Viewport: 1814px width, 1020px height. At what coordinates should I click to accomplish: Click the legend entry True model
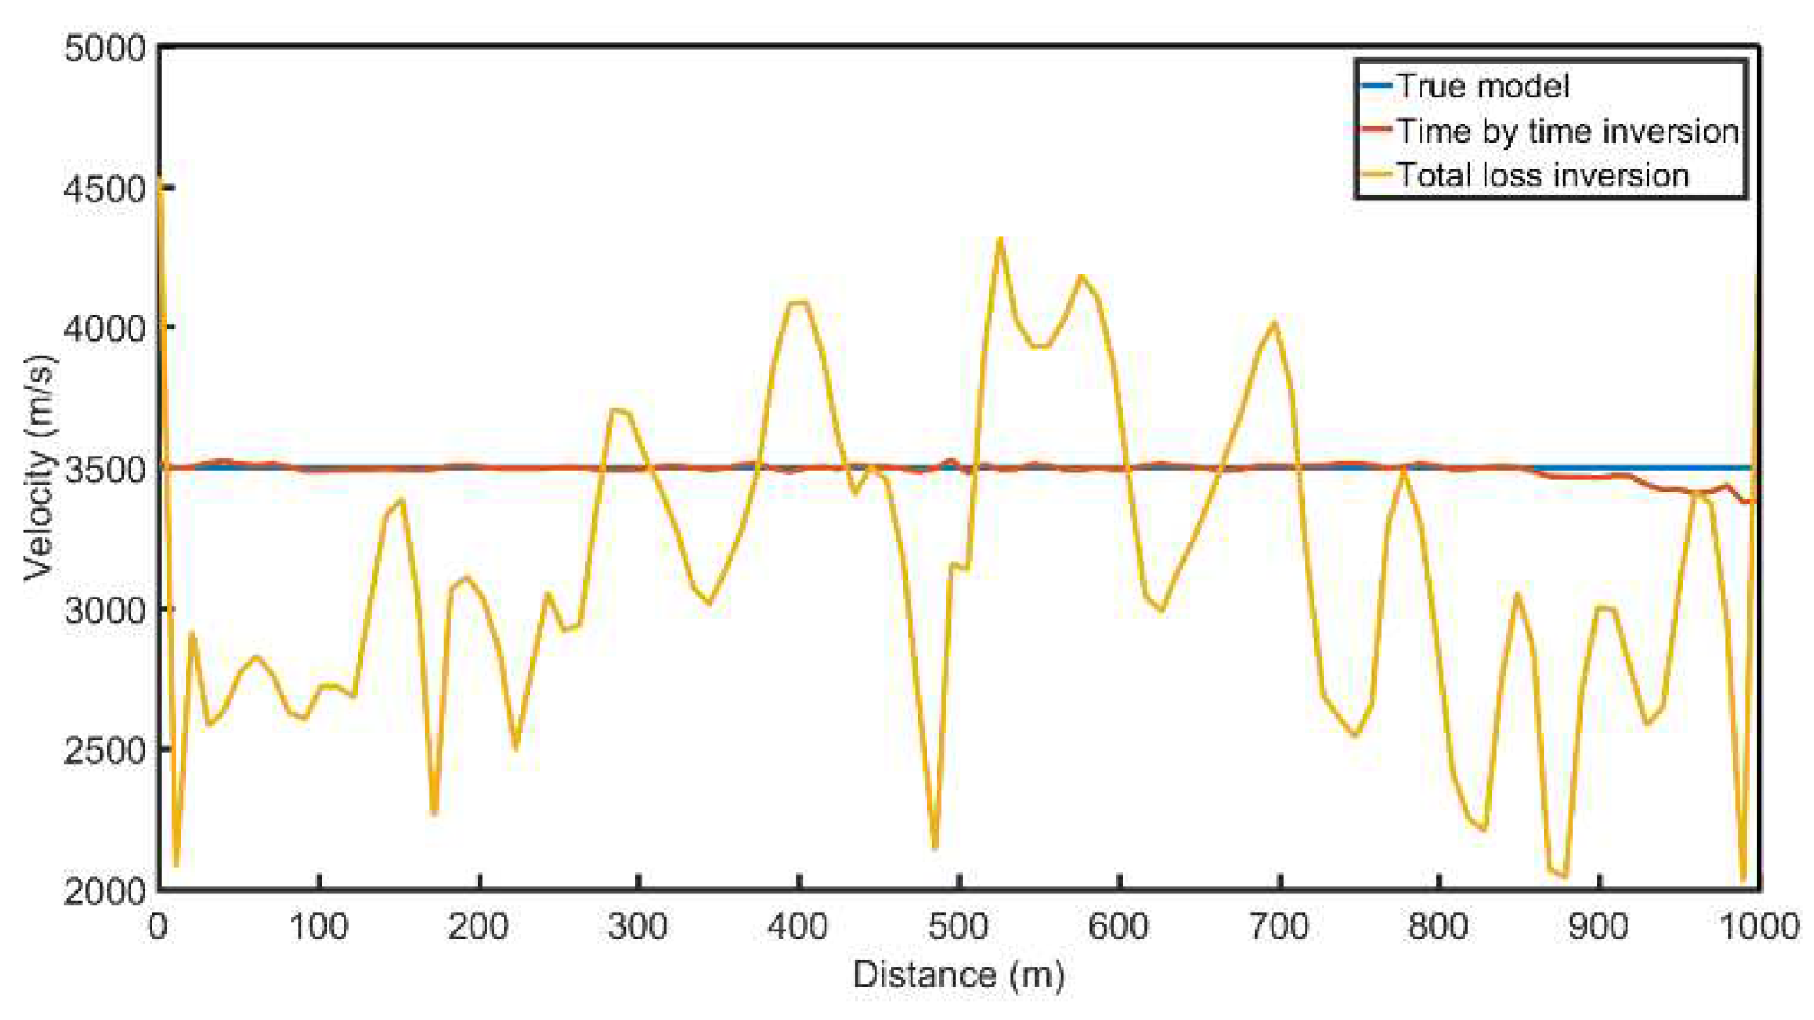[1481, 86]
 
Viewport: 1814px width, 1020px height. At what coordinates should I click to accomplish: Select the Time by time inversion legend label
[1567, 131]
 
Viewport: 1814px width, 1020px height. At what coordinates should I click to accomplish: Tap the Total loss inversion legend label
[1541, 175]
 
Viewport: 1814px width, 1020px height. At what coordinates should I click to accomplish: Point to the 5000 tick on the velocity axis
[104, 48]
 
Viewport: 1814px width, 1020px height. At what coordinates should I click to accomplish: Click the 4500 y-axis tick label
[104, 188]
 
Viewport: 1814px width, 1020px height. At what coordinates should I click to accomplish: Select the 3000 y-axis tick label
[104, 610]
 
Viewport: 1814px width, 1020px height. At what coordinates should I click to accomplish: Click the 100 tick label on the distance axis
[319, 927]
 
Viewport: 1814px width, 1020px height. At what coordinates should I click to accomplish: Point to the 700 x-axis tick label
[1279, 927]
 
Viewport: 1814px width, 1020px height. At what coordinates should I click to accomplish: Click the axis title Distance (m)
[959, 975]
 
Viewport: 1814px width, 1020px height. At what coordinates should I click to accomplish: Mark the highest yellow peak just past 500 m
[1000, 238]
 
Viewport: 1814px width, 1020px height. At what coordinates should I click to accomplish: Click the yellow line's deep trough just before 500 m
[935, 846]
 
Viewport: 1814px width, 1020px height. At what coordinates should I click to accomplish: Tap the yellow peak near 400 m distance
[797, 302]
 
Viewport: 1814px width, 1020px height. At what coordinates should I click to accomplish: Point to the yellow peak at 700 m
[1275, 322]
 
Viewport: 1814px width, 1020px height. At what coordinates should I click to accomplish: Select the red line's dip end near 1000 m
[1747, 501]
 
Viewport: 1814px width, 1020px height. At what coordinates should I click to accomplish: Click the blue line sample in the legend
[1376, 86]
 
